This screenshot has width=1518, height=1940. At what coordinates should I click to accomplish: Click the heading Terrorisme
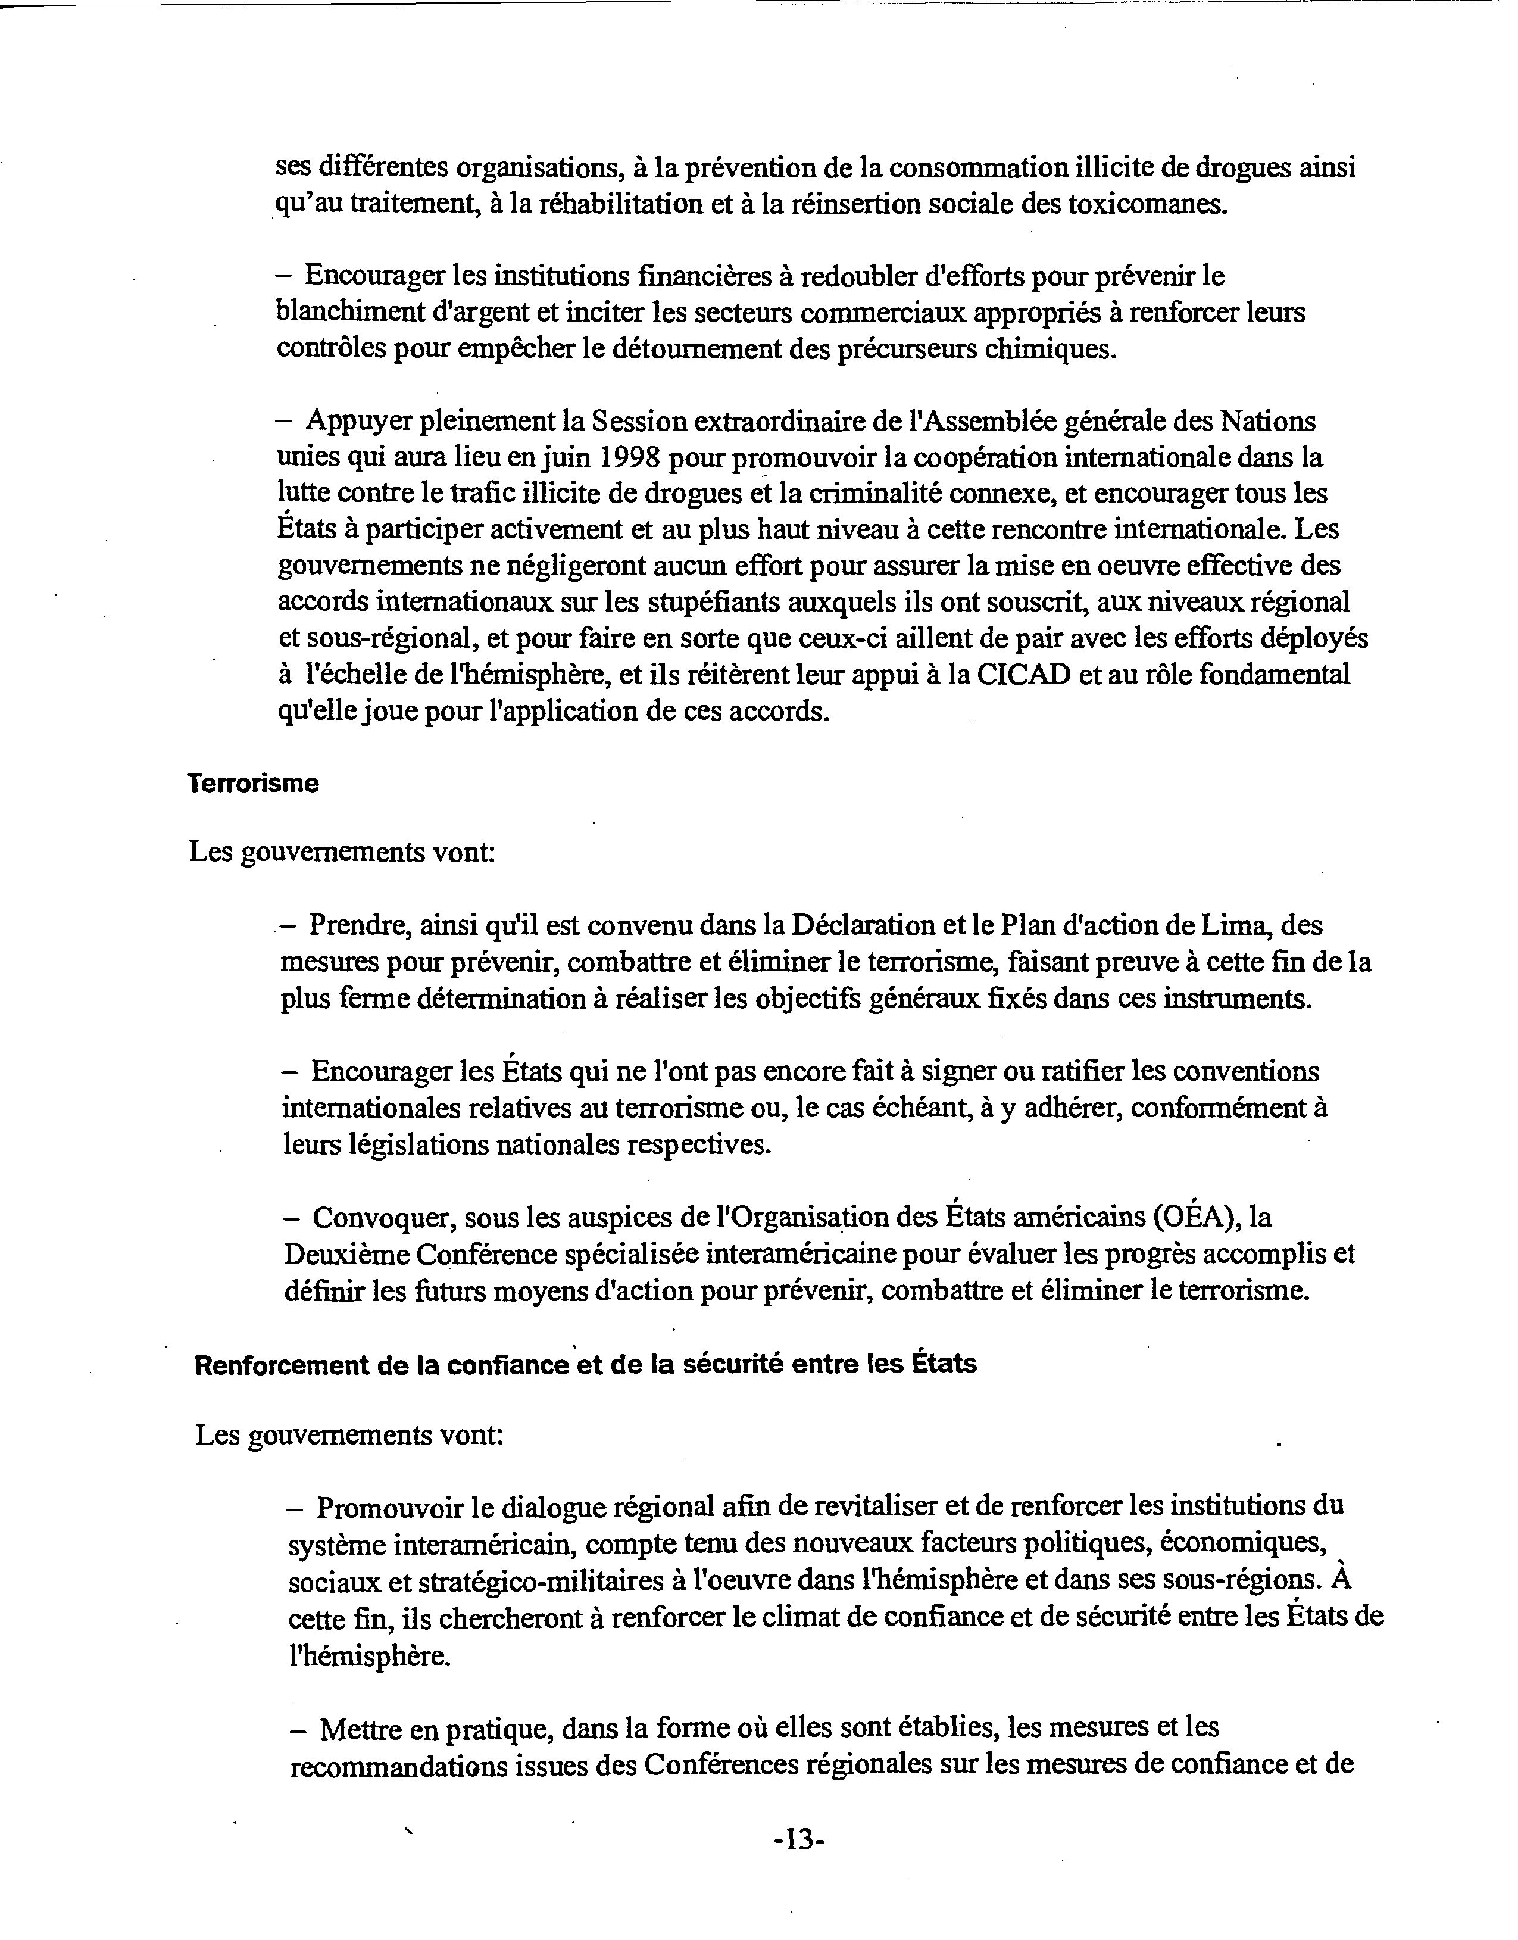point(253,784)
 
